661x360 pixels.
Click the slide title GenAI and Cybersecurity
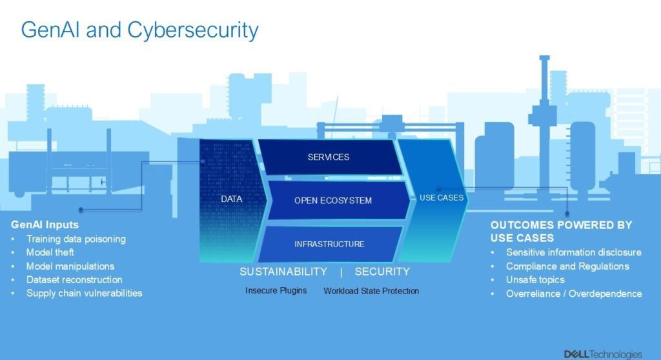(x=139, y=30)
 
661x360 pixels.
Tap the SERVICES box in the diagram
(x=329, y=157)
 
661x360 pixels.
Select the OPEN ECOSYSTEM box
(x=333, y=201)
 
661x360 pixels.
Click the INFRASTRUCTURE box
(x=329, y=244)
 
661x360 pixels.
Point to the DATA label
(x=231, y=199)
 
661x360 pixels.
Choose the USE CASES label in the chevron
(x=442, y=198)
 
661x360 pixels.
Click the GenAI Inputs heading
(x=45, y=225)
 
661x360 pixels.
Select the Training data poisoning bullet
(x=76, y=239)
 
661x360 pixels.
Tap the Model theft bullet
(x=50, y=252)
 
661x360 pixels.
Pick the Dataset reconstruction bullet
(x=74, y=279)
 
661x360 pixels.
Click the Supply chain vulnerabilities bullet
(x=84, y=293)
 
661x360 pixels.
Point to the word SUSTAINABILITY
(x=283, y=272)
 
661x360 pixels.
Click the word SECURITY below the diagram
(x=382, y=272)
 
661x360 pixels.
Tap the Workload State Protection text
(x=371, y=291)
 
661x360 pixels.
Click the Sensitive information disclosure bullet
(x=573, y=252)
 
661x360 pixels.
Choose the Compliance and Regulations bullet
(x=567, y=266)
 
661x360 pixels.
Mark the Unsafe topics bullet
(x=535, y=279)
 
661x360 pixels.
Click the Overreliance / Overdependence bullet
(x=574, y=294)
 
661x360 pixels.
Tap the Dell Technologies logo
(x=602, y=354)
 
